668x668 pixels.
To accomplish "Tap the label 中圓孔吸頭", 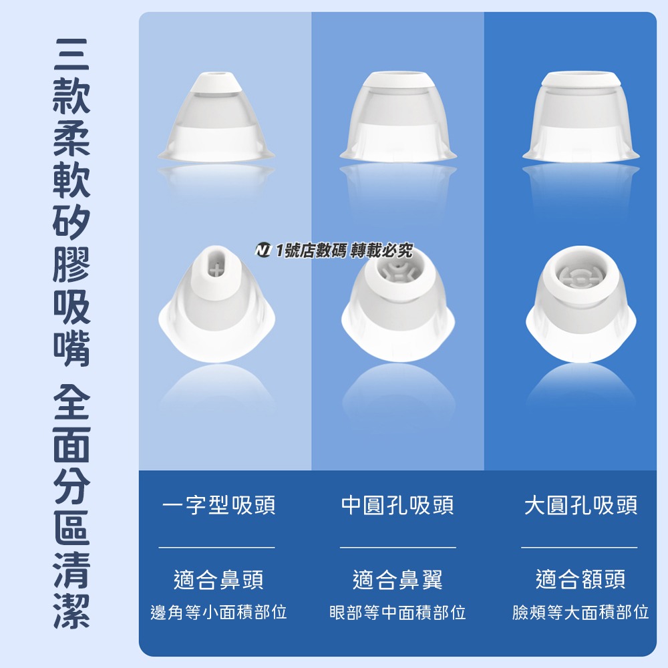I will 397,506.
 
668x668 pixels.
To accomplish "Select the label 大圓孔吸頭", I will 580,506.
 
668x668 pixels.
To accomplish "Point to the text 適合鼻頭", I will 218,579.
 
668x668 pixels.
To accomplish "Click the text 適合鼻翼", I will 397,579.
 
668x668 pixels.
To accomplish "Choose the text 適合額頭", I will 580,579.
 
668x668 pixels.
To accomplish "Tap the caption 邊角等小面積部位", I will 218,612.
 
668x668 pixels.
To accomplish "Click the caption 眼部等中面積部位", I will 397,612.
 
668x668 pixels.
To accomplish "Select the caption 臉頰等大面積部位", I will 580,612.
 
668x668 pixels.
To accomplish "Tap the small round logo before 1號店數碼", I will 263,251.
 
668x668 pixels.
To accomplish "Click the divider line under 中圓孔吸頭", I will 397,547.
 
